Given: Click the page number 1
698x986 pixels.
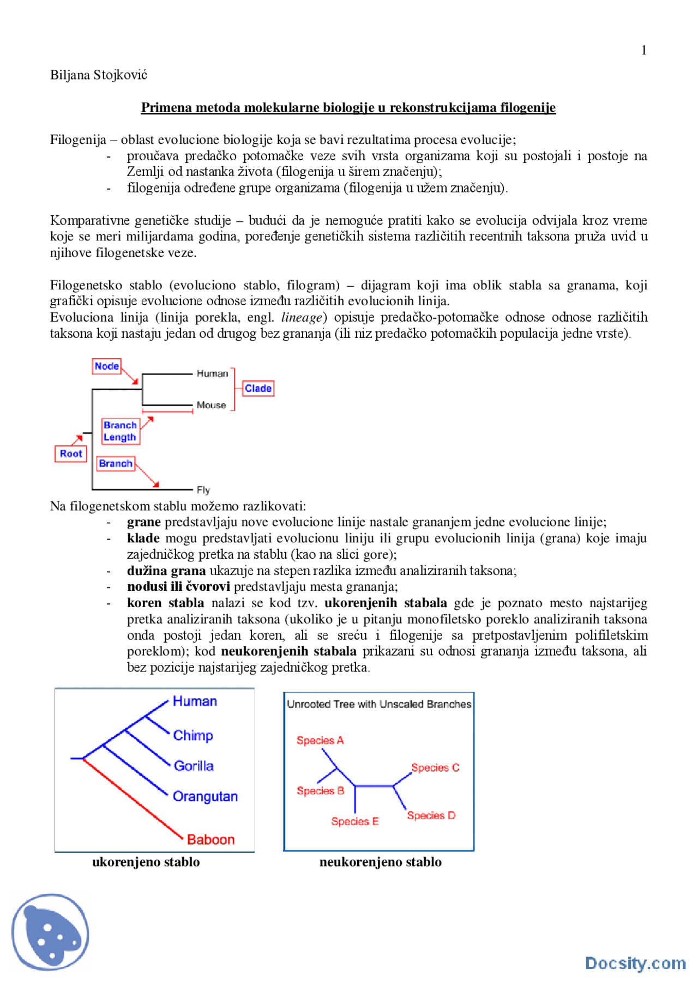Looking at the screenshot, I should pos(643,50).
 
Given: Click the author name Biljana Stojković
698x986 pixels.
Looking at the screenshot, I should pos(99,75).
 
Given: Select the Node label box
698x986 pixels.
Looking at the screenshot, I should pos(106,366).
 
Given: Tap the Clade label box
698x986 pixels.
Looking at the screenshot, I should pos(258,388).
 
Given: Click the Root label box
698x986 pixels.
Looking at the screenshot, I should pos(71,453).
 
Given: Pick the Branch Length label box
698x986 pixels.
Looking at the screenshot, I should pos(120,431).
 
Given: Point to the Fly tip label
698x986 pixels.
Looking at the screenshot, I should pos(203,490).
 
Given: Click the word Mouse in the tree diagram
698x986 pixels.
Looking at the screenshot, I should pos(211,405).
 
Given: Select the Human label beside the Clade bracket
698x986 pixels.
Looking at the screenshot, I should pos(212,373).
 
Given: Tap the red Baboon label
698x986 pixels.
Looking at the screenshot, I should pos(210,839).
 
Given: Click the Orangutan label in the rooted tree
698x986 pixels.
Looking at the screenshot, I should pos(205,796).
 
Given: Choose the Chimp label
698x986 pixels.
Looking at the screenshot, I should pos(193,735).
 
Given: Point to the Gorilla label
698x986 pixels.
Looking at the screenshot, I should pos(194,766).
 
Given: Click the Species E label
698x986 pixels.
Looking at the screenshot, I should pos(354,821).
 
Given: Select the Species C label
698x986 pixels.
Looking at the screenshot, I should pos(435,767).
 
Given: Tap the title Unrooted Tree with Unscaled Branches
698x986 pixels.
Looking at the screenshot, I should pos(379,704).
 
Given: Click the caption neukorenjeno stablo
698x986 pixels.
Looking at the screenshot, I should pos(380,862).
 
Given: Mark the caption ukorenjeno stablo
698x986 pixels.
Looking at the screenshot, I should pos(146,862).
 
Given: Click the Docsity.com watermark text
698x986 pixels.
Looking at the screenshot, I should pos(635,963).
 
